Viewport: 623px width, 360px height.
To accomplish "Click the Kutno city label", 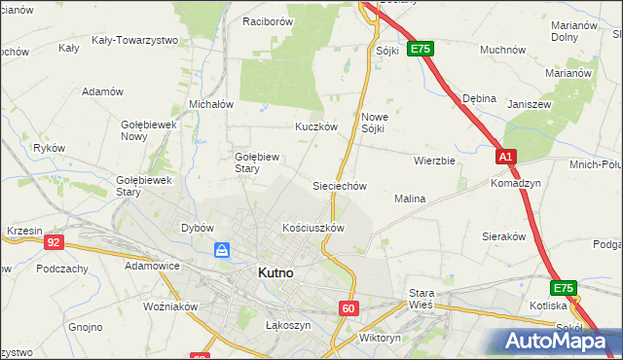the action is point(275,273).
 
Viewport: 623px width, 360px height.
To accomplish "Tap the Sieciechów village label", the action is point(338,186).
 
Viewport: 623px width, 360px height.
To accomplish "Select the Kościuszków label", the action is point(313,228).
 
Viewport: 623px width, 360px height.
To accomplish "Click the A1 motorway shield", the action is point(504,157).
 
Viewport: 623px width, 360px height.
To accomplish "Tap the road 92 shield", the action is point(54,242).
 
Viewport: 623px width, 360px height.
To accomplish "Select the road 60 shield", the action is point(349,308).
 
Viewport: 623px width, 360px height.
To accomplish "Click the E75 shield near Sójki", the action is point(420,48).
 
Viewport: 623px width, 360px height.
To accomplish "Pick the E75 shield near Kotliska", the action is point(564,288).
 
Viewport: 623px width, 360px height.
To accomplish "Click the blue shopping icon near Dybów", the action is point(223,251).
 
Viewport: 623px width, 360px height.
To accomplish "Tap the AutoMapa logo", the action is point(556,341).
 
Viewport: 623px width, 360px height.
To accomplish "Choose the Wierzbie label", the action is point(434,161).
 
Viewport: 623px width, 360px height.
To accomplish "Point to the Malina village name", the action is point(410,198).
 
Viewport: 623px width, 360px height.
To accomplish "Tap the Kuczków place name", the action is point(316,126).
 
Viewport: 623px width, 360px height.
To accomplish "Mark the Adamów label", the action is point(103,91).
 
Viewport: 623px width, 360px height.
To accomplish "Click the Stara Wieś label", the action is point(421,298).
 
